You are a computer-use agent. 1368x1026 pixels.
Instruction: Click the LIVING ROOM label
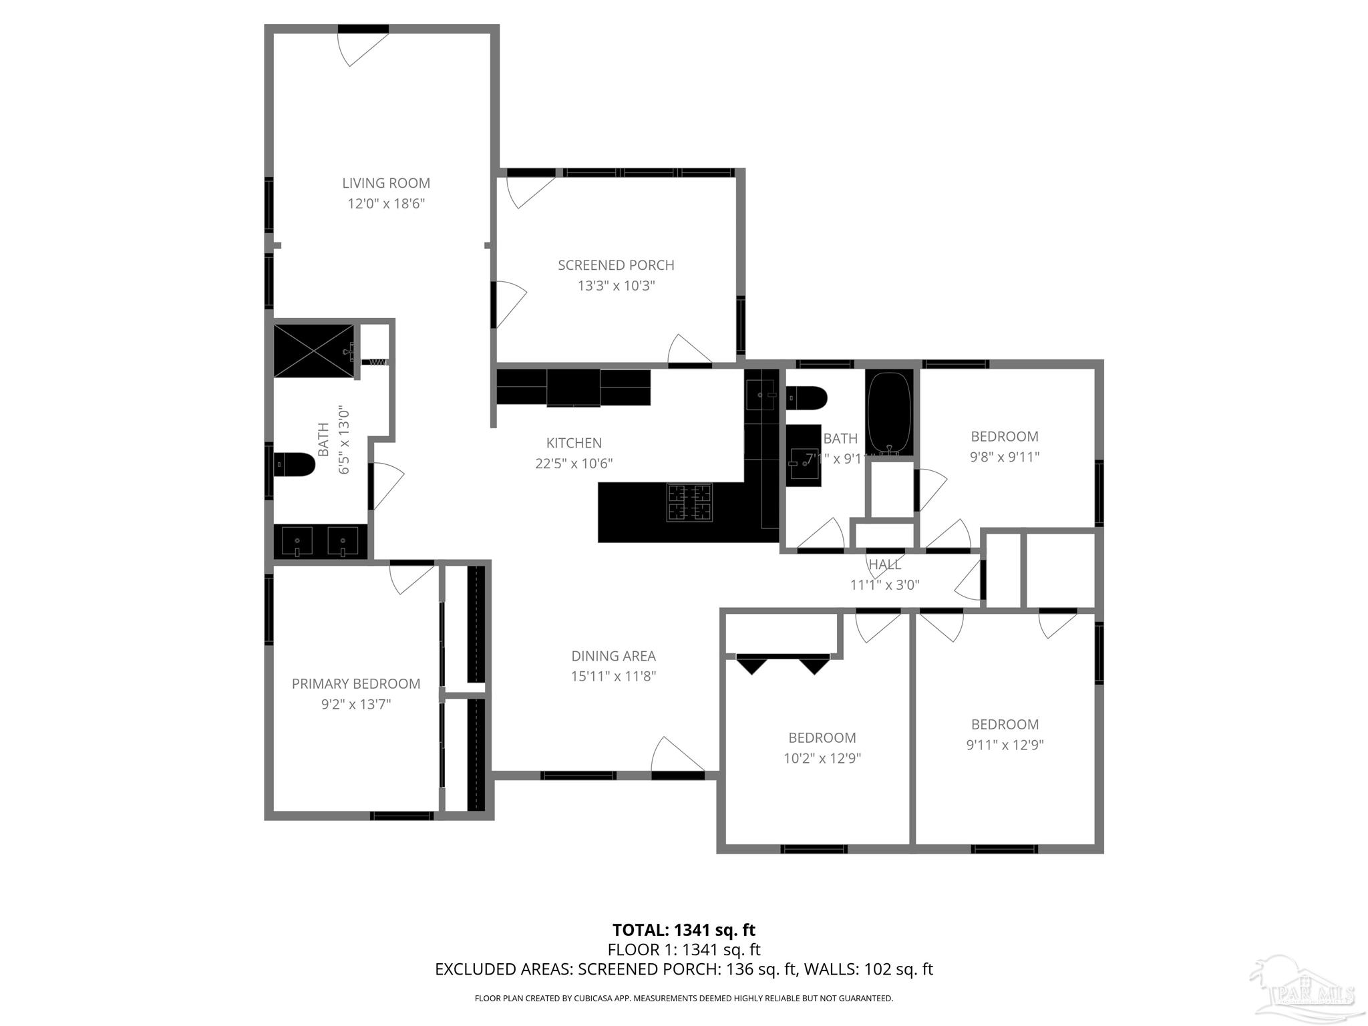coord(385,183)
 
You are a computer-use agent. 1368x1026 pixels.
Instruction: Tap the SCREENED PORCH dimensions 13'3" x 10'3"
coord(616,286)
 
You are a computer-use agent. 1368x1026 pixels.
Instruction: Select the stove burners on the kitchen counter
coord(689,502)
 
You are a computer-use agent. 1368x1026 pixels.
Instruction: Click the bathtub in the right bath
coord(889,412)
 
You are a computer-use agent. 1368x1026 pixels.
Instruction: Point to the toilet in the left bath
coord(295,465)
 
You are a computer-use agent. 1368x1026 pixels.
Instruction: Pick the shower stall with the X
coord(313,351)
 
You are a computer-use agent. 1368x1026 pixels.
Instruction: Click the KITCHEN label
coord(574,443)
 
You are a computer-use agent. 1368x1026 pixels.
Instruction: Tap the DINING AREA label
coord(613,656)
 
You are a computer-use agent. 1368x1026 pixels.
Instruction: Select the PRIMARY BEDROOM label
coord(356,683)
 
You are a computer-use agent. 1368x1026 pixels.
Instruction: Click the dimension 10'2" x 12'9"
coord(822,758)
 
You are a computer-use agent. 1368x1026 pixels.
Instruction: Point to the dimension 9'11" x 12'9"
coord(1004,745)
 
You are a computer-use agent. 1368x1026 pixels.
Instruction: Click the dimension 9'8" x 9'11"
coord(1004,457)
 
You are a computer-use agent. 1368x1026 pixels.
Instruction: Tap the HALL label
coord(884,564)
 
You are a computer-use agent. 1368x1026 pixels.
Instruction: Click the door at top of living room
coord(361,47)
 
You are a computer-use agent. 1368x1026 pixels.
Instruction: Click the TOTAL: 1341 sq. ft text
coord(683,930)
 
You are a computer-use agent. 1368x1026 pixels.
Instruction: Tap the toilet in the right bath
coord(807,398)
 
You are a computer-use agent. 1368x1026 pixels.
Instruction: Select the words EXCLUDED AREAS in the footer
coord(503,969)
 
